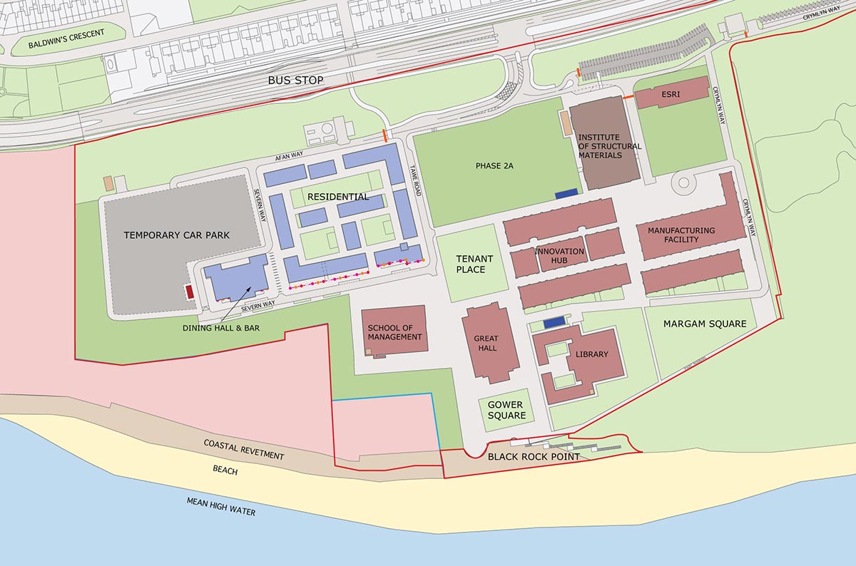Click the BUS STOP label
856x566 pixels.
tap(295, 81)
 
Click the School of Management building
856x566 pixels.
tap(394, 331)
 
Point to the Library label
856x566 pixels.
tap(591, 354)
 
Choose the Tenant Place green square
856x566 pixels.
tap(471, 264)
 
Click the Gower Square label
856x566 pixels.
tap(506, 410)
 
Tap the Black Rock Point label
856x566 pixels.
tap(534, 457)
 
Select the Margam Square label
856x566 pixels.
tap(704, 324)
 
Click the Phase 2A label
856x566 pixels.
tap(494, 165)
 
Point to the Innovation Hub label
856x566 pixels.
tap(559, 256)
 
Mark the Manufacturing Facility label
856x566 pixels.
tap(681, 235)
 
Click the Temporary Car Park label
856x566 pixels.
tap(176, 235)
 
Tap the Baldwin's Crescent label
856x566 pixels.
tap(66, 39)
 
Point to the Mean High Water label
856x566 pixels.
tap(220, 507)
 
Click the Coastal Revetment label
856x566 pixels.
tap(243, 450)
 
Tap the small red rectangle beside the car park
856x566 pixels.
tap(189, 292)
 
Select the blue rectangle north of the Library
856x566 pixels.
tap(554, 324)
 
